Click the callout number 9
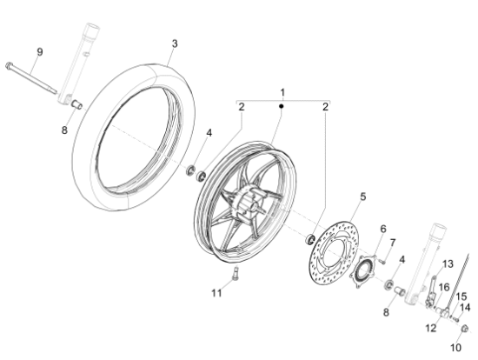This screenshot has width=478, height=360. (38, 51)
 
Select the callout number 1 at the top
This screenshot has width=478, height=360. (281, 91)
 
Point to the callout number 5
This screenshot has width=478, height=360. (363, 197)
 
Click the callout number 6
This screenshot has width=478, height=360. (382, 229)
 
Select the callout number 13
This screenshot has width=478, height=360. (448, 263)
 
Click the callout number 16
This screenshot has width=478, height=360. (442, 286)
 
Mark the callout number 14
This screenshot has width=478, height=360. (464, 307)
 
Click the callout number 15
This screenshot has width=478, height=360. (461, 296)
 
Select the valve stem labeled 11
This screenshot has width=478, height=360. (233, 277)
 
